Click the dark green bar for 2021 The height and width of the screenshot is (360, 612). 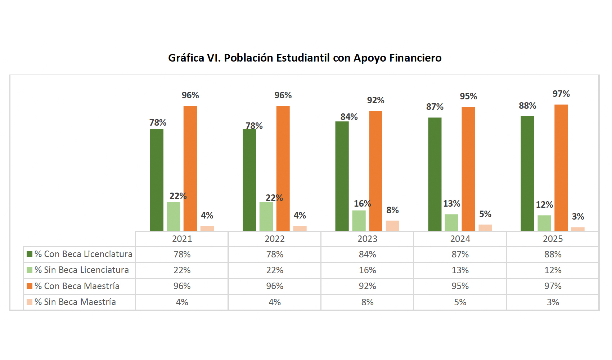click(x=157, y=180)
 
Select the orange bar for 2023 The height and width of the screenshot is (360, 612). click(x=375, y=171)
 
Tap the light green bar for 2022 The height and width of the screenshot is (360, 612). click(x=266, y=216)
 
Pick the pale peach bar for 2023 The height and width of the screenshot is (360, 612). click(x=392, y=226)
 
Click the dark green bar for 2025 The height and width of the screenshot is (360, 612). click(x=527, y=174)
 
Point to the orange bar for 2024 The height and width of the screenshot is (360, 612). click(x=468, y=169)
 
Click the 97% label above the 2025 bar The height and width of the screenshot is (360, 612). click(x=561, y=94)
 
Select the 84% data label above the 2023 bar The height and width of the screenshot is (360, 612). click(x=349, y=117)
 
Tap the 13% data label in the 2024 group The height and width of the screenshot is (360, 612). click(x=451, y=204)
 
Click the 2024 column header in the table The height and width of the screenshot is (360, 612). click(x=460, y=239)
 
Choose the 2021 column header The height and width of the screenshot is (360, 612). click(x=182, y=239)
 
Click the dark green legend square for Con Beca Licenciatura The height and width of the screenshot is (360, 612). click(x=30, y=254)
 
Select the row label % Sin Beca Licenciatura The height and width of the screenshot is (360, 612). click(x=82, y=270)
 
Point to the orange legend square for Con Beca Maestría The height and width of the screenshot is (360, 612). click(x=30, y=286)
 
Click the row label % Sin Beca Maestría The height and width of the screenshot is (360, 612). click(x=75, y=302)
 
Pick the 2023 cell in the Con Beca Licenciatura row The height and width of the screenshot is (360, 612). click(x=367, y=255)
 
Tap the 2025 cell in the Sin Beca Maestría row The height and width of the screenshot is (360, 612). click(x=553, y=302)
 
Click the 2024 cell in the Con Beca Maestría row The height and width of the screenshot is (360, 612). click(x=460, y=286)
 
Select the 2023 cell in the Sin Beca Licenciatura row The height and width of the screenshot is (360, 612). click(x=367, y=270)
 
